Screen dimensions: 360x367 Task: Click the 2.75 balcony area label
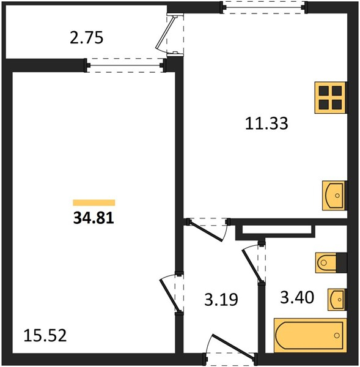click(x=87, y=38)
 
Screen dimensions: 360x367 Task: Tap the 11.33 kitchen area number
click(x=266, y=124)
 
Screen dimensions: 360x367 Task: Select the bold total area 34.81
click(x=94, y=218)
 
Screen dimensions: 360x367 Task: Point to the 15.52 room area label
click(x=45, y=335)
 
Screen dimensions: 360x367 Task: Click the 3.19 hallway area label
click(x=221, y=299)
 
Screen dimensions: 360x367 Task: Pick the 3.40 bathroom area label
click(x=297, y=297)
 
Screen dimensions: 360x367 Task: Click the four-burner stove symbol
click(x=330, y=98)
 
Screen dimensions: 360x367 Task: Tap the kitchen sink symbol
click(x=334, y=196)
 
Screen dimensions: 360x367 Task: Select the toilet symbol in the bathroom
click(x=331, y=262)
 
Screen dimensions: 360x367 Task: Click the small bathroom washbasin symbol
click(x=337, y=300)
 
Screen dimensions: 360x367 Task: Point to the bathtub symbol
click(x=310, y=335)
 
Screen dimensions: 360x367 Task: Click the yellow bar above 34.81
click(x=94, y=202)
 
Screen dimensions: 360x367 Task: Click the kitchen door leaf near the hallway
click(x=205, y=231)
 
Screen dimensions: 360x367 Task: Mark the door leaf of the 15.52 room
click(x=169, y=295)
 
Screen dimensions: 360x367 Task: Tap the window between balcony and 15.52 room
click(x=125, y=65)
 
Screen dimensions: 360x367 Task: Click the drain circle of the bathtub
click(x=337, y=335)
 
